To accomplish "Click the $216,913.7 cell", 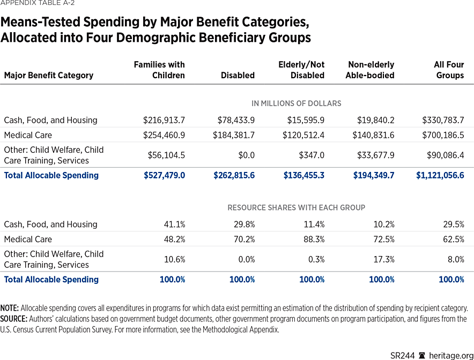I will click(x=164, y=120).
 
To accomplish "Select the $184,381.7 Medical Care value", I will click(x=234, y=135).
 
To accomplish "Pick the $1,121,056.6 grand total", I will click(x=440, y=175).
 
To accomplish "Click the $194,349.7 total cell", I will click(x=374, y=175).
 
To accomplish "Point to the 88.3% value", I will click(x=312, y=239).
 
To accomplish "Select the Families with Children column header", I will click(x=159, y=70).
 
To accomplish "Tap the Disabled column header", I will click(x=238, y=76).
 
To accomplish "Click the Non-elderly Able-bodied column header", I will click(x=370, y=70).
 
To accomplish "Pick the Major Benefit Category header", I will click(x=49, y=76).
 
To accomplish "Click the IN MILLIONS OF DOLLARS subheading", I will click(x=297, y=103).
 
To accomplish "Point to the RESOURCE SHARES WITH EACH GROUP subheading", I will click(x=297, y=207).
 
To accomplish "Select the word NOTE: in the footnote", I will click(x=10, y=308).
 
